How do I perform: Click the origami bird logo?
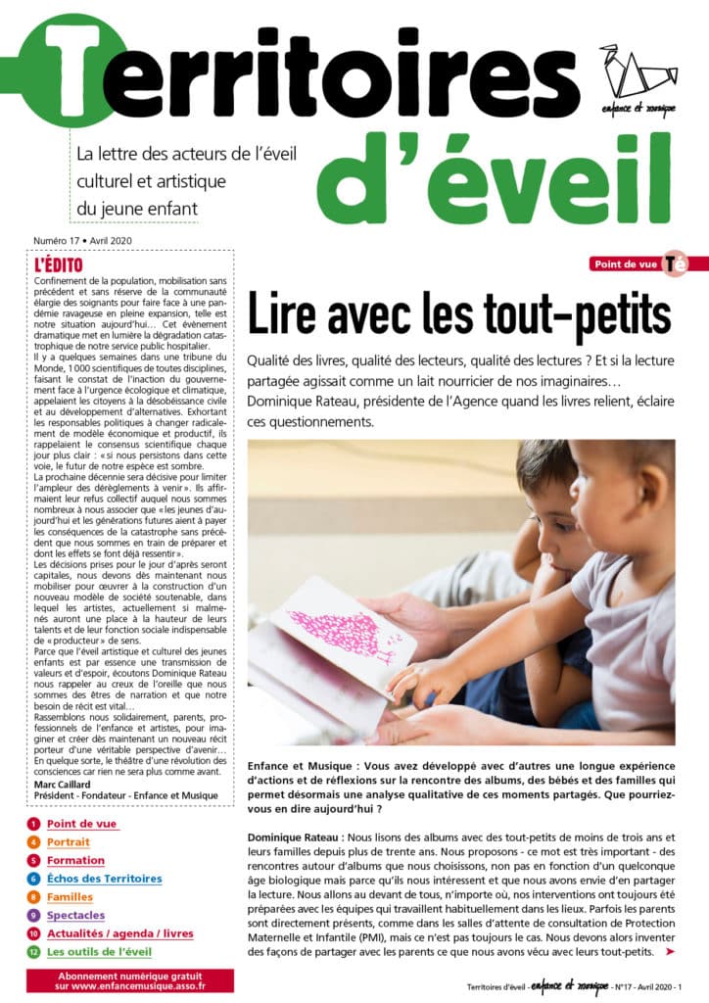click(638, 70)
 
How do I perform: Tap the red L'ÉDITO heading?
click(58, 264)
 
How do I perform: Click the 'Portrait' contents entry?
click(68, 841)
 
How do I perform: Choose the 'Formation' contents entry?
click(75, 860)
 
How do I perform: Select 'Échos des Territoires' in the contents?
click(104, 879)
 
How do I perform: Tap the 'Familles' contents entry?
click(70, 896)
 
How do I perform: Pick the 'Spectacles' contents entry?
click(75, 915)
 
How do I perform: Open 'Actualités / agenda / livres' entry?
click(119, 933)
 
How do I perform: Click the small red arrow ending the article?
click(670, 951)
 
